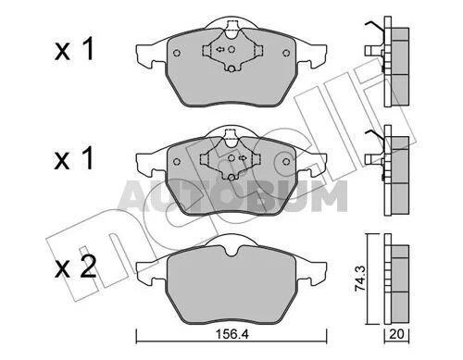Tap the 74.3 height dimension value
coord(360,279)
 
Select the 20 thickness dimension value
coord(396,334)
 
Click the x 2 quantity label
coord(76,267)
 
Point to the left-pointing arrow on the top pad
coord(220,49)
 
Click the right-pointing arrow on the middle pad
coord(243,158)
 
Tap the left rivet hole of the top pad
coord(177,53)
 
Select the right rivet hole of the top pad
coord(286,53)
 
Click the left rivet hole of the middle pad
coord(177,161)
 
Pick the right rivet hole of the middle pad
coord(286,161)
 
